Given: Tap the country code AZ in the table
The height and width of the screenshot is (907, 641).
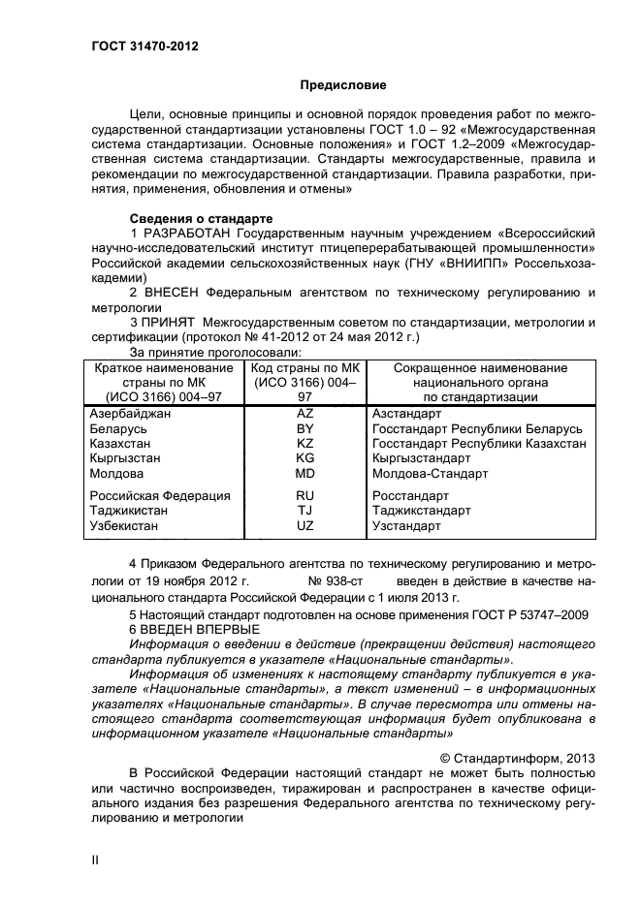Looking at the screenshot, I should click(x=304, y=413).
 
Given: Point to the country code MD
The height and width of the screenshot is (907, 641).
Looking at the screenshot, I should click(x=304, y=474).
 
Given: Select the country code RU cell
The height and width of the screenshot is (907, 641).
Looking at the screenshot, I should click(x=304, y=495).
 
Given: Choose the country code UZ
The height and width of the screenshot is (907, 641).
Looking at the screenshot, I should click(x=304, y=526).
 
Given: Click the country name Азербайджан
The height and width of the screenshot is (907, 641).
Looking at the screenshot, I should click(x=129, y=413).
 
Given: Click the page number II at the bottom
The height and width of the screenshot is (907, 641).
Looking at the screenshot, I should click(x=95, y=860).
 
